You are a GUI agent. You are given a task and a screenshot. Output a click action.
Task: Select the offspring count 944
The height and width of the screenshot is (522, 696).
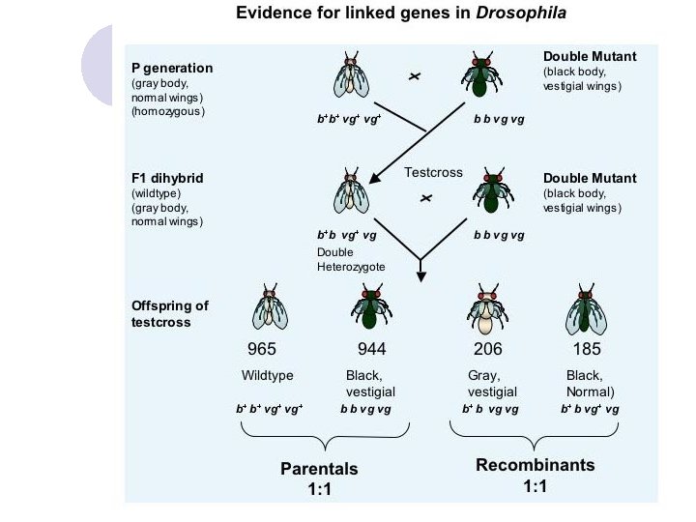372,349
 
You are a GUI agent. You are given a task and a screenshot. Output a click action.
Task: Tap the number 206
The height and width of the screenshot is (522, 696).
488,349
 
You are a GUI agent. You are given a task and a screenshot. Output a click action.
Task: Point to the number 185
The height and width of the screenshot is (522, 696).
586,349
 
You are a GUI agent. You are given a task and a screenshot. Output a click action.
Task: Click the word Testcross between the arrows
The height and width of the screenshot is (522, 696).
434,172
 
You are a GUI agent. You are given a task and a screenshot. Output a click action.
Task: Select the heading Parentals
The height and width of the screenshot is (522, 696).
319,469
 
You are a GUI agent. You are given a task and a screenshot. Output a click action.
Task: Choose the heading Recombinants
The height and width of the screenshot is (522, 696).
536,465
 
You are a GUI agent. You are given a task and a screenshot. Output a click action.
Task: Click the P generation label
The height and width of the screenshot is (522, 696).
172,68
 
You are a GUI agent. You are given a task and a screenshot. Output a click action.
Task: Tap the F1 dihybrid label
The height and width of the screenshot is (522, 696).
169,179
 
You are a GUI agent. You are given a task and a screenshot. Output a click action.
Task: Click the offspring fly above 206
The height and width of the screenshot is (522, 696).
488,309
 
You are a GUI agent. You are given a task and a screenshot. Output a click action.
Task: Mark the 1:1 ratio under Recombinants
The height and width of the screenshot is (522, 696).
536,487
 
